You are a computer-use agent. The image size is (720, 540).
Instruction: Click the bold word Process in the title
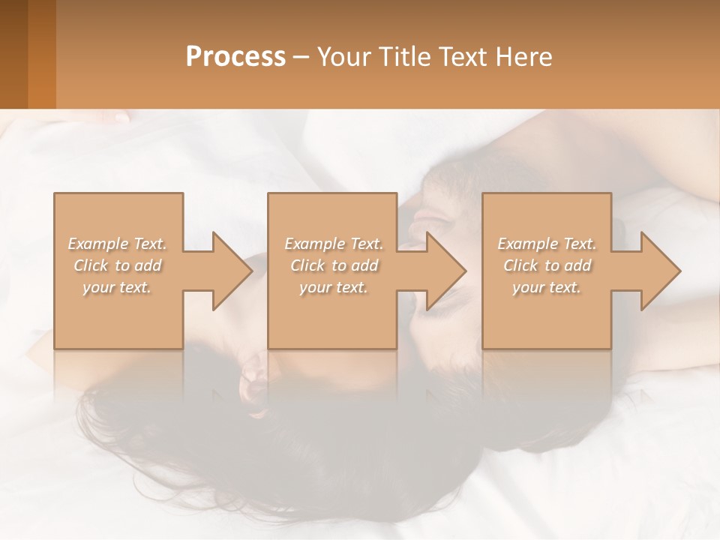pyautogui.click(x=235, y=57)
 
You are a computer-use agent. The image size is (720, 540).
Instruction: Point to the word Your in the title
pyautogui.click(x=343, y=57)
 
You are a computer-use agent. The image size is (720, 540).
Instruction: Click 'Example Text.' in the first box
pyautogui.click(x=117, y=244)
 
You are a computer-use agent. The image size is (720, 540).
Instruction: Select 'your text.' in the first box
pyautogui.click(x=117, y=287)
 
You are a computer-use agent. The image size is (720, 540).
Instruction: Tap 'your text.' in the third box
pyautogui.click(x=547, y=287)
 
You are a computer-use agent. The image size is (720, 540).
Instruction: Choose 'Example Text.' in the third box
pyautogui.click(x=547, y=244)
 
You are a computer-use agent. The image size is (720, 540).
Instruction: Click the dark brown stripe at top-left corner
pyautogui.click(x=13, y=54)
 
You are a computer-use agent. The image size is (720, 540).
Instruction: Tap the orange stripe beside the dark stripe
pyautogui.click(x=42, y=54)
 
